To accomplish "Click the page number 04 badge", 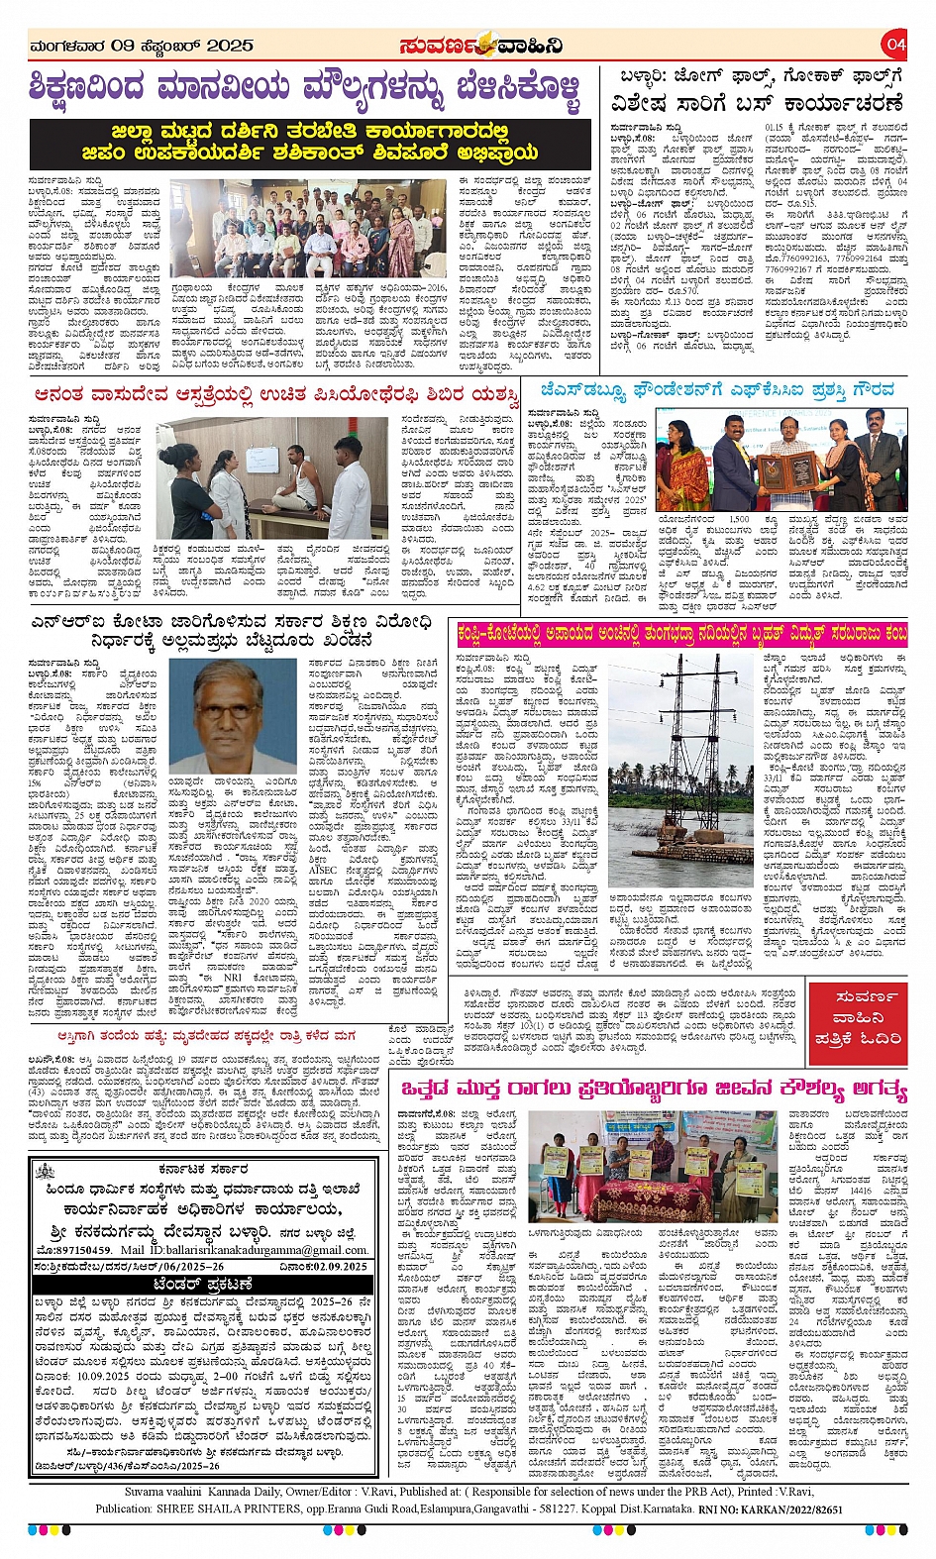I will click(895, 45).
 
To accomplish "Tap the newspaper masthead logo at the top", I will click(481, 46).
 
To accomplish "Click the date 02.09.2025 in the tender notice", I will click(323, 1265).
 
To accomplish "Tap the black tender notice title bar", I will click(204, 1285).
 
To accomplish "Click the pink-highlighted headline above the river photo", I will click(681, 634).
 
